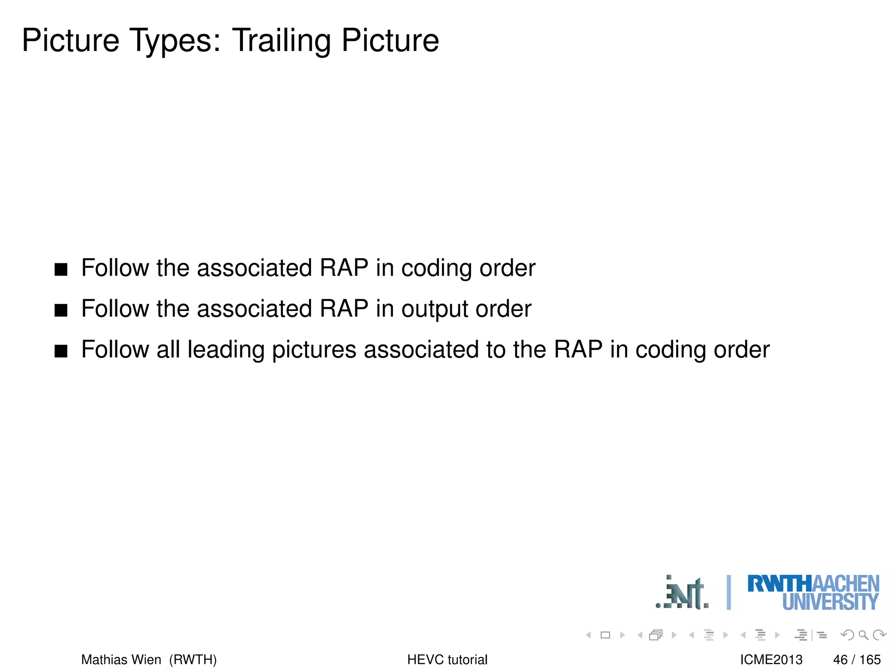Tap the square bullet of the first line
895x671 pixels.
click(x=61, y=269)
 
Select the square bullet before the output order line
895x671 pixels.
click(x=61, y=310)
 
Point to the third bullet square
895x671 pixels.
click(x=61, y=351)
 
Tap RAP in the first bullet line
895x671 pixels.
click(x=344, y=268)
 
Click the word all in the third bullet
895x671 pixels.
click(x=168, y=350)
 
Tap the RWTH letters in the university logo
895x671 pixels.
click(x=779, y=584)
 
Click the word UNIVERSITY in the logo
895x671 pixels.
click(x=830, y=602)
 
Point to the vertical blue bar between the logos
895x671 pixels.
click(x=728, y=592)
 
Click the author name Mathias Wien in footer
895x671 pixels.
click(x=121, y=659)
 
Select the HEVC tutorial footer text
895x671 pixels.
click(x=447, y=659)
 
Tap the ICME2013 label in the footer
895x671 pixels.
click(x=771, y=659)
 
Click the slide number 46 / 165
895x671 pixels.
click(x=857, y=659)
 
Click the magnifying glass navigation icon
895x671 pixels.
click(x=863, y=635)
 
